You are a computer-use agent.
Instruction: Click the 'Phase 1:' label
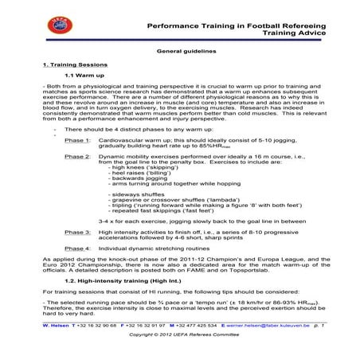pos(77,139)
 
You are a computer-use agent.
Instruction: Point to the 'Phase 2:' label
pos(77,158)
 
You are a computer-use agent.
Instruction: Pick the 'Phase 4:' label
pos(77,249)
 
